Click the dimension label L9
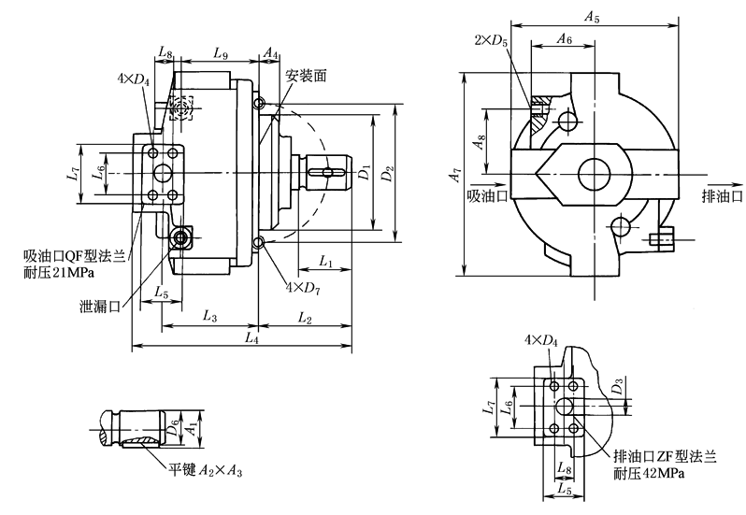click(x=221, y=55)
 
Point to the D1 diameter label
click(x=365, y=172)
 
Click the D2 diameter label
click(x=389, y=172)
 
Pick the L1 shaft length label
click(x=327, y=260)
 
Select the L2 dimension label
click(x=306, y=318)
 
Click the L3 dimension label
click(x=208, y=318)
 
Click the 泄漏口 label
click(x=100, y=306)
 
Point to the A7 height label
click(x=454, y=175)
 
